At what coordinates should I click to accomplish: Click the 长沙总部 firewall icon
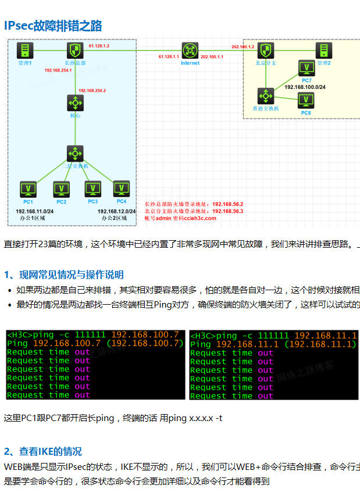[74, 49]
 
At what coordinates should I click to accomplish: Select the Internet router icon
[190, 50]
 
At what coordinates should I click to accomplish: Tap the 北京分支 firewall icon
[266, 49]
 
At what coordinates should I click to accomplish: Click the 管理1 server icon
[25, 49]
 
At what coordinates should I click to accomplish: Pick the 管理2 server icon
[324, 50]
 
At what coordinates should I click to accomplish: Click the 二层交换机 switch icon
[75, 154]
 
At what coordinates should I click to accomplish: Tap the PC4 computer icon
[121, 188]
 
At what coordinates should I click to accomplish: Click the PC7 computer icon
[306, 68]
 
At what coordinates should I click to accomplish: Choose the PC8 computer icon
[306, 101]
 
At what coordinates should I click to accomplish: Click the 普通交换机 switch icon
[266, 96]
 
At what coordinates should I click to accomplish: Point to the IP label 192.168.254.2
[92, 91]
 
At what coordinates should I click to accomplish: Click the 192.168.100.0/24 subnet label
[305, 87]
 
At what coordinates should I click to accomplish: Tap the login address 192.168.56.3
[228, 211]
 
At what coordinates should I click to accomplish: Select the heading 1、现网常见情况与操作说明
[63, 274]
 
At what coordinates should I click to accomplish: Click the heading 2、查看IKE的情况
[43, 451]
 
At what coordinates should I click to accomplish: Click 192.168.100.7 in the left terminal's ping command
[145, 335]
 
